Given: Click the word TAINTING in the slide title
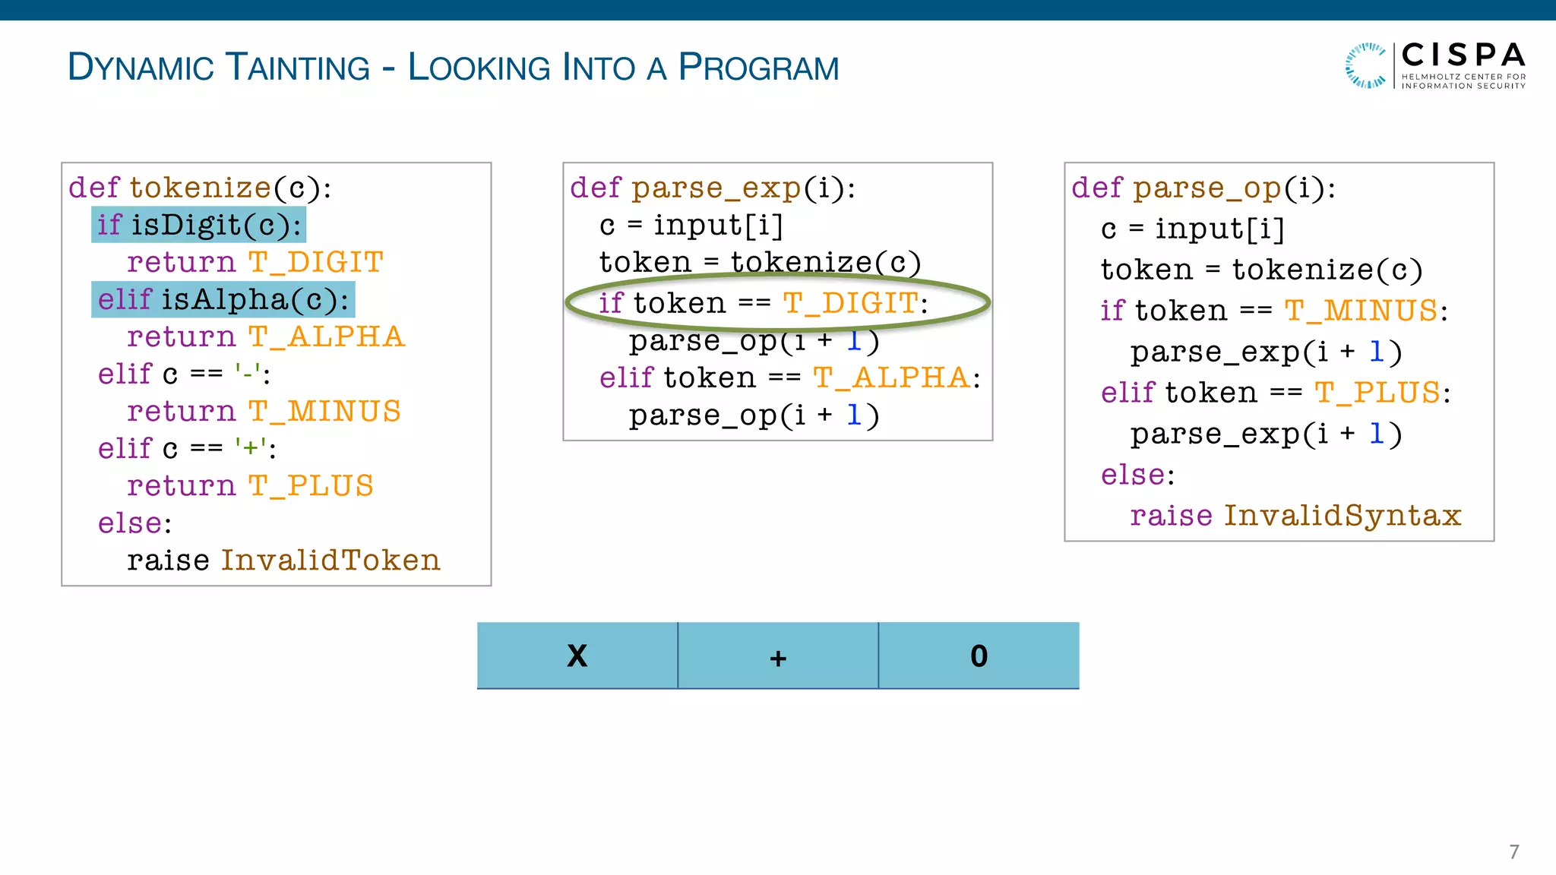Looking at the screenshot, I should (x=298, y=67).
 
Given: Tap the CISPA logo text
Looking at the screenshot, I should (x=1463, y=55).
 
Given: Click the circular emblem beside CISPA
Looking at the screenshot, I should (x=1366, y=65).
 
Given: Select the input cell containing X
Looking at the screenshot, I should (x=577, y=655).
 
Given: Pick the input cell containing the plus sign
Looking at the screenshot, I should (x=778, y=655).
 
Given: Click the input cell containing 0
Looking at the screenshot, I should (x=979, y=655).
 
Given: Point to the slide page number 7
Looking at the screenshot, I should (x=1513, y=851).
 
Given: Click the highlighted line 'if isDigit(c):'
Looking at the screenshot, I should (x=199, y=225).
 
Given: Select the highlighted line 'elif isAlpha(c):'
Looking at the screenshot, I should (x=223, y=299).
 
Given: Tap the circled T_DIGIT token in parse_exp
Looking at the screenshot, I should (x=850, y=303).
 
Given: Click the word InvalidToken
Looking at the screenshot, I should (x=330, y=561).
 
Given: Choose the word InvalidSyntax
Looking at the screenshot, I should (x=1343, y=516).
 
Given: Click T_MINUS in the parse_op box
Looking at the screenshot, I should (x=1361, y=311).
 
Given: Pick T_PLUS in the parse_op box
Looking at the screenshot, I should (x=1377, y=393).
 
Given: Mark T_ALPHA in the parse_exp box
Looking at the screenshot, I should (x=891, y=377).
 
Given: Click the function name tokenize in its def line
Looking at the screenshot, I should (x=200, y=188).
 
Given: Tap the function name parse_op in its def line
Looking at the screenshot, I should (x=1207, y=188).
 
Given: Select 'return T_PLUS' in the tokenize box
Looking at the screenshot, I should (x=250, y=486).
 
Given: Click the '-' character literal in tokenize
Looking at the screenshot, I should (x=248, y=374).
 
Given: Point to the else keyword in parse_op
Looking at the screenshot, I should (x=1133, y=475).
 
